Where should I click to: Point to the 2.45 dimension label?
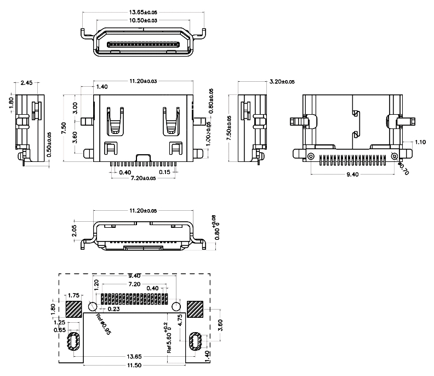click(x=26, y=83)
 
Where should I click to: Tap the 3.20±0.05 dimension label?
click(x=282, y=82)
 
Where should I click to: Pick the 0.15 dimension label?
click(x=163, y=172)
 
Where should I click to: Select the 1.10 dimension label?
click(x=420, y=142)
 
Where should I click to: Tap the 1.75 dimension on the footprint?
click(x=74, y=295)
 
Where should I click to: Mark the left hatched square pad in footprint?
click(x=73, y=308)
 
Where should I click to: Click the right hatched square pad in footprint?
click(x=195, y=308)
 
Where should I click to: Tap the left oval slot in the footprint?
click(x=75, y=341)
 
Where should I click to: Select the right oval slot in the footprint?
click(x=195, y=341)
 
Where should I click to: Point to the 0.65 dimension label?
click(x=60, y=330)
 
